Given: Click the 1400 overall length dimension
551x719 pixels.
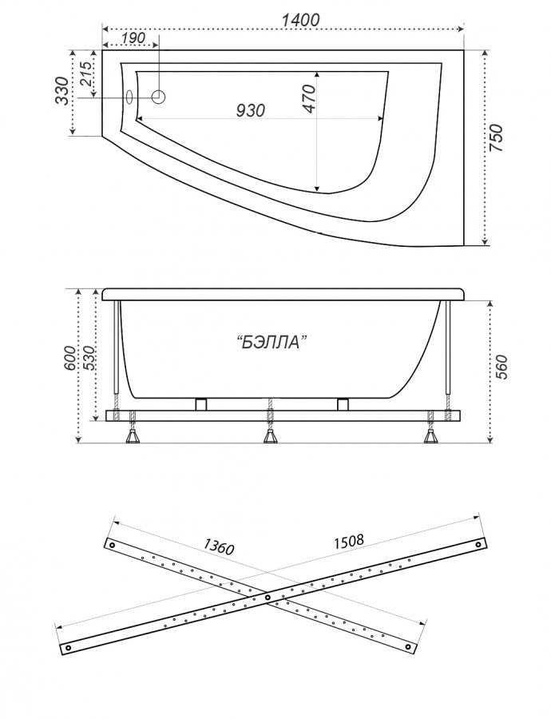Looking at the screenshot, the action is [300, 20].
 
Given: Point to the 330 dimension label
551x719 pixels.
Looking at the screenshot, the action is [63, 91].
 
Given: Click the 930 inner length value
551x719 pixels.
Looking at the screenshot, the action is [250, 110].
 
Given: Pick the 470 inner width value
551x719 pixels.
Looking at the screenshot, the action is [309, 98].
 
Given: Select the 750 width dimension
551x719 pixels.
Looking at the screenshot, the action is [497, 138].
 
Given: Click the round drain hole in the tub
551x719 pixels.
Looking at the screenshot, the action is [158, 97].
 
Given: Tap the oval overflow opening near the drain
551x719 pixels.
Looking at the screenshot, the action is [129, 97].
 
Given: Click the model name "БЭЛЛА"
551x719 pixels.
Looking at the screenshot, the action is [272, 342].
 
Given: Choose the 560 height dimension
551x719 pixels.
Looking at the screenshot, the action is [502, 367].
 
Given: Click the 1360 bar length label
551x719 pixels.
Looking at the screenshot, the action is [219, 546].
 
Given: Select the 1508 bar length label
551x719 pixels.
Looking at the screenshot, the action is [349, 542].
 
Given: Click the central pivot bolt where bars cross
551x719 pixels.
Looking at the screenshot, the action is [268, 598].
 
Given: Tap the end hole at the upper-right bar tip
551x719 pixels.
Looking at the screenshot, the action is [478, 545].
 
